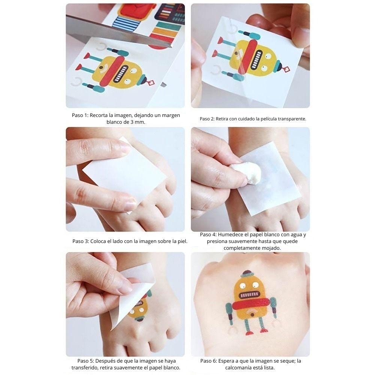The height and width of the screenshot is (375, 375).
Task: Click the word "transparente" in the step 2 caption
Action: [x=291, y=118]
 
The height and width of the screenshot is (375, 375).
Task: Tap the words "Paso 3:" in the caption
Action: [x=81, y=241]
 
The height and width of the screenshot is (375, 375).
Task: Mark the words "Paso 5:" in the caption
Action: [x=86, y=361]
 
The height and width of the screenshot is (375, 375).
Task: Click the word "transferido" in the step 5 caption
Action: [x=87, y=367]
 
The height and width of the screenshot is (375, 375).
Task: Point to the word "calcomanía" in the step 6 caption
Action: [x=241, y=367]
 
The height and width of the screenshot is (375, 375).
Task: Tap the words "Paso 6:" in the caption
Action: [x=208, y=361]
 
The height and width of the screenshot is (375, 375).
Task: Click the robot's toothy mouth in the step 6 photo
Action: [x=249, y=295]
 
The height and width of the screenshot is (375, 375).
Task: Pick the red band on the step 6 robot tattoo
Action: [x=251, y=303]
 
